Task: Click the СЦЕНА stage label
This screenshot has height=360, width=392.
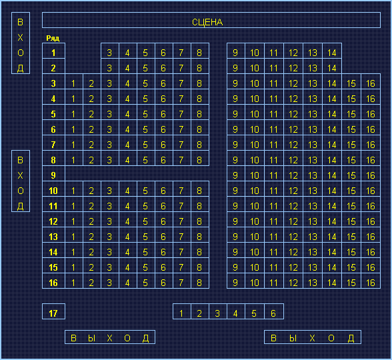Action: coord(207,22)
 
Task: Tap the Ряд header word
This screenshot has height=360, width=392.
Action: coord(53,38)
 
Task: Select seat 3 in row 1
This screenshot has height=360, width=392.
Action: coord(109,53)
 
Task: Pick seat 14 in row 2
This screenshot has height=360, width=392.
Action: coord(332,68)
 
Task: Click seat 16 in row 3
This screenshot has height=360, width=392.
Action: coord(371,83)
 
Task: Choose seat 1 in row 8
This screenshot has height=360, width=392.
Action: coord(73,160)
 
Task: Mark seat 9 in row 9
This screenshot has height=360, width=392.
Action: coord(236,175)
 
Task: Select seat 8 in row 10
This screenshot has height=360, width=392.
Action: coord(200,191)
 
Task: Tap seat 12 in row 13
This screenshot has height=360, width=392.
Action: coord(293,237)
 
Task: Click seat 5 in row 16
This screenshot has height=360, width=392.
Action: coord(146,283)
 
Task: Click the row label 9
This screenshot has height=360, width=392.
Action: coord(53,175)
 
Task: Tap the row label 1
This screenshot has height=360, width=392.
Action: coord(53,53)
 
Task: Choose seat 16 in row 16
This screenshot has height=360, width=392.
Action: coord(371,283)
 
